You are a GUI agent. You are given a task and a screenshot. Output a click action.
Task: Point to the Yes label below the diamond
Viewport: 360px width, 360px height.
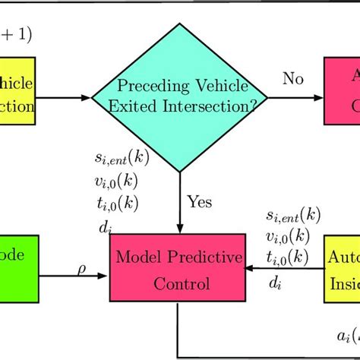pyautogui.click(x=199, y=202)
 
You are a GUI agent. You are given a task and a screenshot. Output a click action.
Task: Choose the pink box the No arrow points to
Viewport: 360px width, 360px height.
pyautogui.click(x=342, y=91)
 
